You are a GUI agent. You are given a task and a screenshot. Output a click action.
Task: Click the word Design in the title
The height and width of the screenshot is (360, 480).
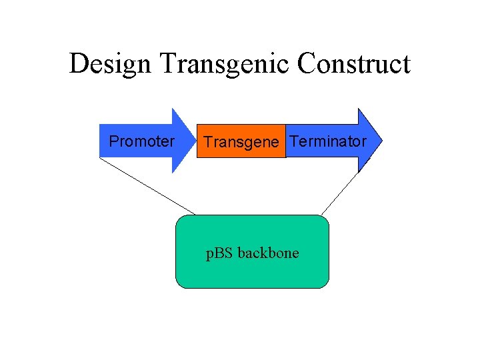111,65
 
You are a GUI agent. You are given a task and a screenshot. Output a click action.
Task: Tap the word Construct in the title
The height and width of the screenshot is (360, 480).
354,65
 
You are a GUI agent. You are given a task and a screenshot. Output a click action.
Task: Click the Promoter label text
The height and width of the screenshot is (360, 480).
142,141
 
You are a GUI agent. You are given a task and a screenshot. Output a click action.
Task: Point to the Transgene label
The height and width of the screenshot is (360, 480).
241,143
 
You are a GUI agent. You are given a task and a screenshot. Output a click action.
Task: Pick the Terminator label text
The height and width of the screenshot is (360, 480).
328,141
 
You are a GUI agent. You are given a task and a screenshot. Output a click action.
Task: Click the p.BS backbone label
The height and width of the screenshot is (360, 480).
252,253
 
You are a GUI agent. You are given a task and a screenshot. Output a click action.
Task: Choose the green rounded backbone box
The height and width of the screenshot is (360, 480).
252,273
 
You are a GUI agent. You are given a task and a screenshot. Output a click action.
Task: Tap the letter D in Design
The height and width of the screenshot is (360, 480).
78,65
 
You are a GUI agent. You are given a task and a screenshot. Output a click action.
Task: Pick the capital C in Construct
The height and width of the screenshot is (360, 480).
308,65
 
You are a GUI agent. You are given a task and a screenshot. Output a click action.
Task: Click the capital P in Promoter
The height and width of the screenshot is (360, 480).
113,141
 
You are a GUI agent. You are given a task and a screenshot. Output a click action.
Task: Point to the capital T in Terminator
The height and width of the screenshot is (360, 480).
294,141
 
